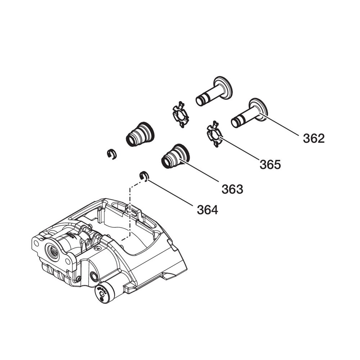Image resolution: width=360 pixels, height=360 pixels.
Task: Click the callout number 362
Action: [x=314, y=139]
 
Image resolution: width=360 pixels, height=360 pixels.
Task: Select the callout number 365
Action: [x=270, y=165]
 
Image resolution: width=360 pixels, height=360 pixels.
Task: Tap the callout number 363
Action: [x=232, y=189]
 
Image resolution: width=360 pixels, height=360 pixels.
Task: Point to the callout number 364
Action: [x=207, y=210]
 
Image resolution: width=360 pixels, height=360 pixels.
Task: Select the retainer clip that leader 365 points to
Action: [x=215, y=134]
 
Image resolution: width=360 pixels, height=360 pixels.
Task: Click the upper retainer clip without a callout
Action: [x=181, y=114]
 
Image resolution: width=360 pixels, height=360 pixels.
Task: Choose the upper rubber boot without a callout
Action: [x=140, y=134]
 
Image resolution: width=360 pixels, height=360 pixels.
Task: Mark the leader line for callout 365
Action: [x=239, y=148]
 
